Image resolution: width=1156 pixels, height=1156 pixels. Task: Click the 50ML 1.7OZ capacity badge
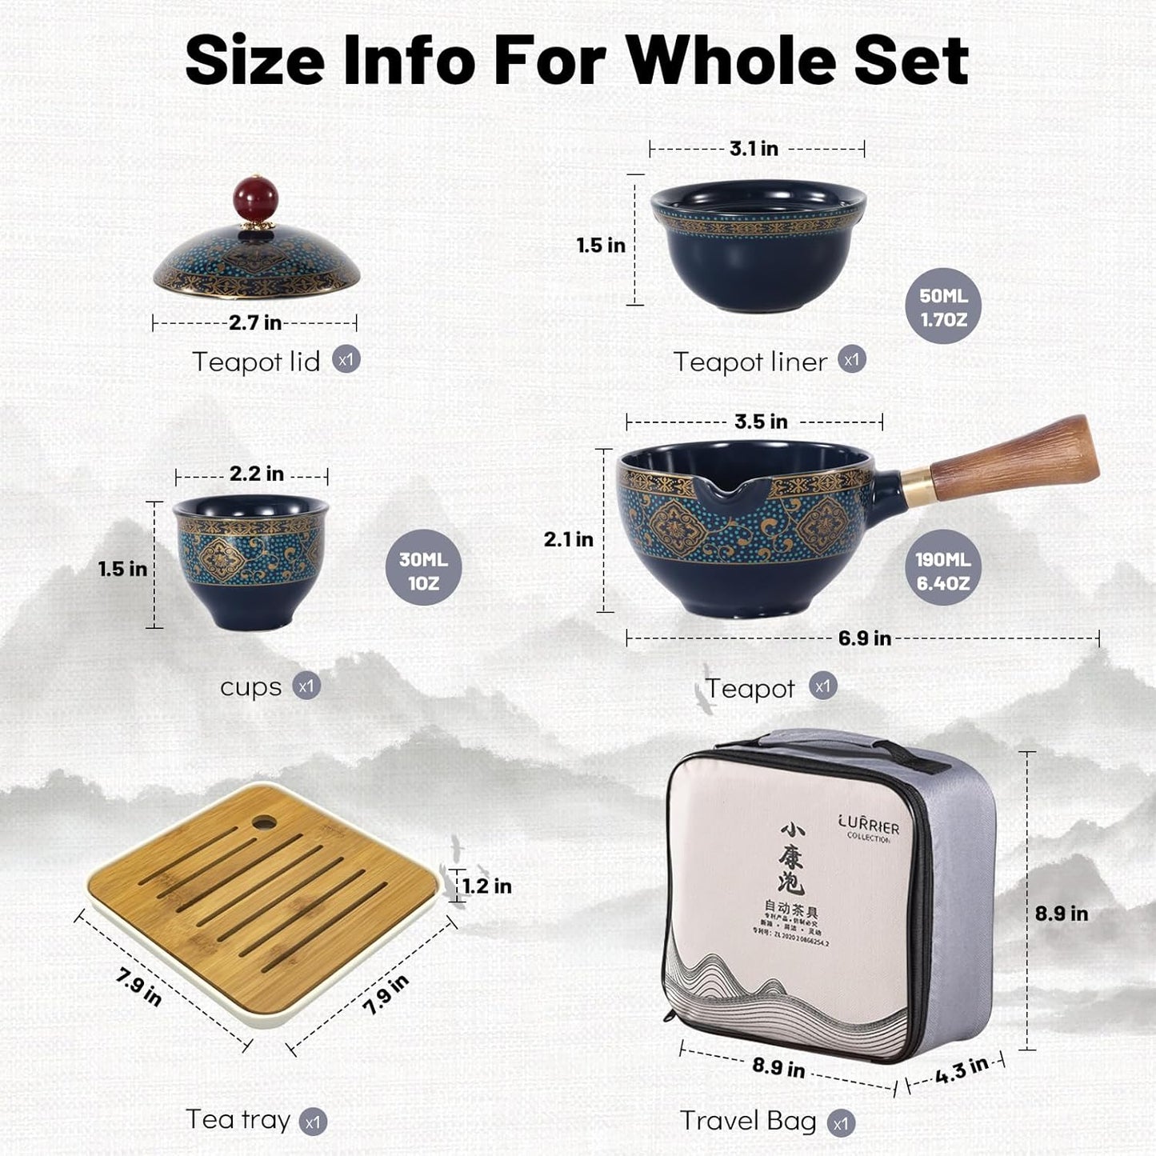click(x=943, y=307)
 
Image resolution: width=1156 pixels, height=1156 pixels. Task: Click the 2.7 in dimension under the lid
click(x=254, y=322)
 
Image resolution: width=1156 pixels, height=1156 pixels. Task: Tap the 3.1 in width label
click(x=754, y=148)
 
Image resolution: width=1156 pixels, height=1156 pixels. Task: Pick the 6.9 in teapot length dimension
click(x=864, y=638)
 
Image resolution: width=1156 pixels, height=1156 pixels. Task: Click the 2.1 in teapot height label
click(x=568, y=539)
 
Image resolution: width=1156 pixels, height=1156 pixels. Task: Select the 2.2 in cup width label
click(x=256, y=474)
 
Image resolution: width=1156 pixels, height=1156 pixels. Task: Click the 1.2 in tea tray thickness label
click(x=486, y=886)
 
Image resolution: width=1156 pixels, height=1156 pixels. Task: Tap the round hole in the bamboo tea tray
click(x=262, y=822)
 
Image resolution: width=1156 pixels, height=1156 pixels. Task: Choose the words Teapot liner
click(x=750, y=362)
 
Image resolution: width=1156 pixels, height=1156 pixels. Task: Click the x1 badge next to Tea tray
click(x=313, y=1122)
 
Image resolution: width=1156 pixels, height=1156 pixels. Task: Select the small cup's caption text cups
click(x=250, y=687)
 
